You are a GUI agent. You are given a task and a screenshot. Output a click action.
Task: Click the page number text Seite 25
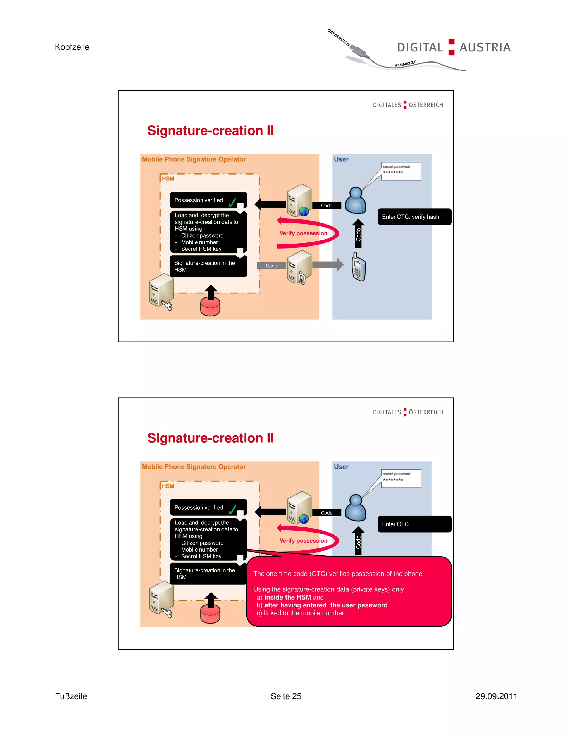pyautogui.click(x=286, y=696)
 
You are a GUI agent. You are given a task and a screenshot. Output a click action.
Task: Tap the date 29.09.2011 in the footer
pyautogui.click(x=496, y=696)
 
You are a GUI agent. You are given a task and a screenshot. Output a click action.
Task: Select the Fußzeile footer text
pyautogui.click(x=71, y=696)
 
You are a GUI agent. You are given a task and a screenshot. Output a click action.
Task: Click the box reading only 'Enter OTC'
pyautogui.click(x=414, y=524)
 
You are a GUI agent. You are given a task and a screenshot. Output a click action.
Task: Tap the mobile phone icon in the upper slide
pyautogui.click(x=359, y=267)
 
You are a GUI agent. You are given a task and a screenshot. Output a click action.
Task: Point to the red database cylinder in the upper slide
pyautogui.click(x=210, y=306)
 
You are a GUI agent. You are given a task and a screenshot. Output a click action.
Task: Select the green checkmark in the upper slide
pyautogui.click(x=232, y=202)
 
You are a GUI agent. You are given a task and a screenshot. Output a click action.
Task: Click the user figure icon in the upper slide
pyautogui.click(x=356, y=200)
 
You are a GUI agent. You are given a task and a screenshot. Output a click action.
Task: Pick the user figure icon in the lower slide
pyautogui.click(x=356, y=508)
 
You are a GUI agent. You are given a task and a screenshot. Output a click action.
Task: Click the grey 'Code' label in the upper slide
pyautogui.click(x=271, y=266)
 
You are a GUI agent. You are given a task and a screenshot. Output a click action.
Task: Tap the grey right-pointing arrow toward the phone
pyautogui.click(x=328, y=265)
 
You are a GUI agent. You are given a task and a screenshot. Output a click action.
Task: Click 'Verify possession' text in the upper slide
pyautogui.click(x=303, y=233)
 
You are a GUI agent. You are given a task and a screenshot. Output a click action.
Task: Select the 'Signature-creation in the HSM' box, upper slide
pyautogui.click(x=208, y=266)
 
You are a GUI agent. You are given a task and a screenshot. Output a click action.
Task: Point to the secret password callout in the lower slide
pyautogui.click(x=401, y=478)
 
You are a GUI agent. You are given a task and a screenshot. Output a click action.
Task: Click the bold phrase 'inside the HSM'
pyautogui.click(x=287, y=597)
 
